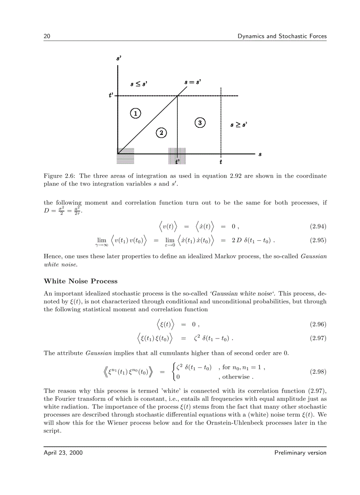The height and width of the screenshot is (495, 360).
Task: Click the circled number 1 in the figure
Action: click(135, 113)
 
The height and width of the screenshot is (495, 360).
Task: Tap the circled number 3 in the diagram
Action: click(200, 123)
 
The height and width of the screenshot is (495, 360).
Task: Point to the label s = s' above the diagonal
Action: click(193, 82)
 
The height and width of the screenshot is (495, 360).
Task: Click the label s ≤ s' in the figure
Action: click(139, 83)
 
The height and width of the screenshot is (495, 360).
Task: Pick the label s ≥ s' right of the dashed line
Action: click(238, 125)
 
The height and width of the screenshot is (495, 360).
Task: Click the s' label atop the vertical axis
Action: click(119, 58)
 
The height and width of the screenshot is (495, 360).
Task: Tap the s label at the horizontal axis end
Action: click(260, 154)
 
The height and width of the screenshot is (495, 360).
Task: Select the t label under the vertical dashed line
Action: click(221, 162)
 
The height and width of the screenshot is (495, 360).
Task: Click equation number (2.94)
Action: click(317, 227)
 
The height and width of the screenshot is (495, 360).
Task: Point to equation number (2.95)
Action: click(317, 241)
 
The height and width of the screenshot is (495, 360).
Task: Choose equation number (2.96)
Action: click(317, 324)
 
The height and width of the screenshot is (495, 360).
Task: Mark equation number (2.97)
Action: click(317, 339)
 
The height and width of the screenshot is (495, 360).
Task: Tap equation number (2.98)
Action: click(317, 372)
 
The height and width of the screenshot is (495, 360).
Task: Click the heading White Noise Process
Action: click(80, 281)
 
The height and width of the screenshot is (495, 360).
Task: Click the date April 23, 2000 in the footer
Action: click(63, 453)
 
